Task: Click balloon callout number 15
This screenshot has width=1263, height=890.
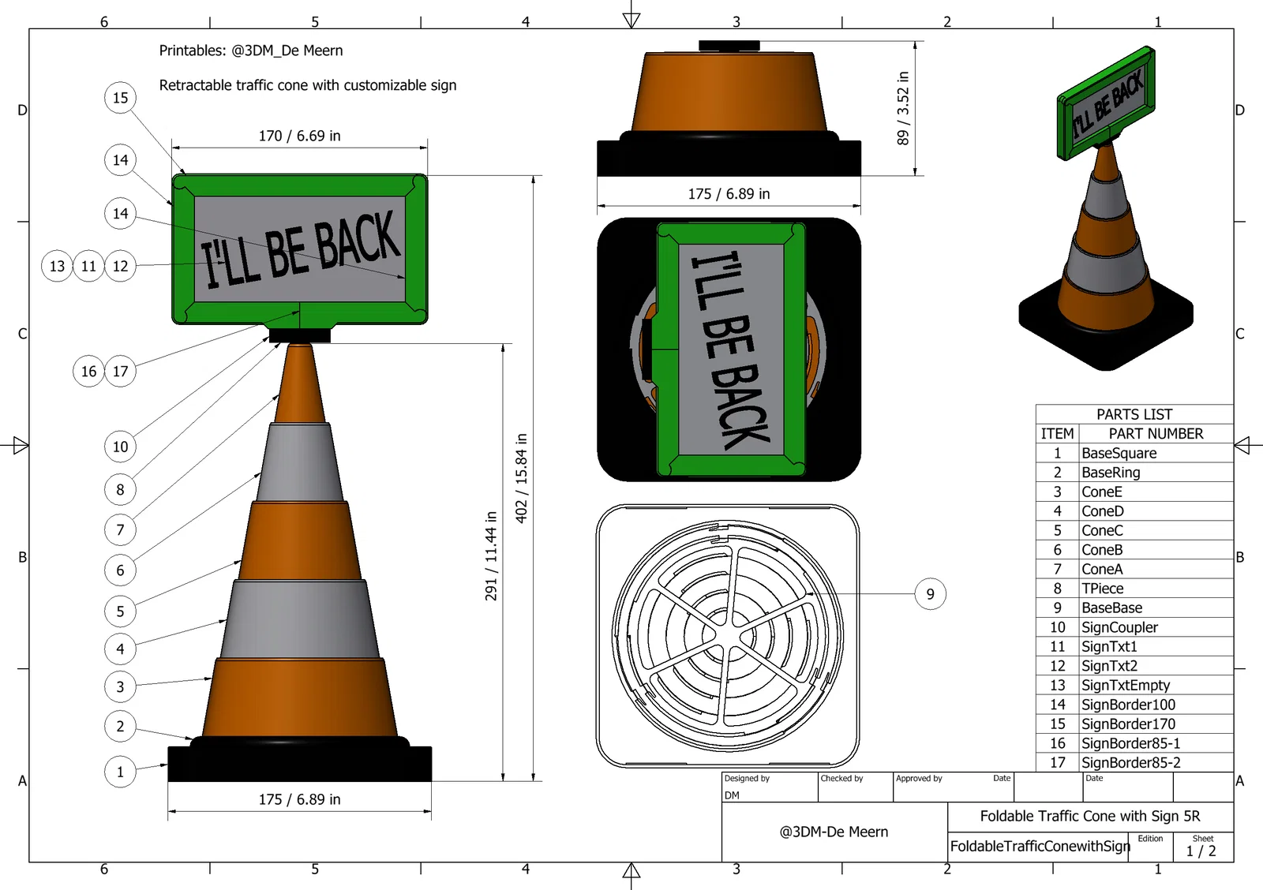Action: [120, 98]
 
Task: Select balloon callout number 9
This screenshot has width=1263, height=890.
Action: [930, 593]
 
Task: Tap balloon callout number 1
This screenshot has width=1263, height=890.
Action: [120, 772]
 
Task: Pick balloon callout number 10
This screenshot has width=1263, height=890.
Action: [120, 447]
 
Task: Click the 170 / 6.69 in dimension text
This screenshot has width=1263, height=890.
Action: [299, 136]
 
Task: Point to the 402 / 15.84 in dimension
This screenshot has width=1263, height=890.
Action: [522, 478]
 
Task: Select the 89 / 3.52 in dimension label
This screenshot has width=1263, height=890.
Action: [903, 108]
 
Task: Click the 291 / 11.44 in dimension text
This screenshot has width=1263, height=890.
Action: [491, 555]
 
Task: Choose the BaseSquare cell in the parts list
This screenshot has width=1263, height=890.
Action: [1119, 453]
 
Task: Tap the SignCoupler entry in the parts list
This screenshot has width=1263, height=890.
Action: [1119, 627]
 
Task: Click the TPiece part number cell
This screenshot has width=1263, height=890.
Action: [1102, 589]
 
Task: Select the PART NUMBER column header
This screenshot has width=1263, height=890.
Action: [1156, 433]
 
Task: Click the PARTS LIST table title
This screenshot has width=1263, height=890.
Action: [1134, 414]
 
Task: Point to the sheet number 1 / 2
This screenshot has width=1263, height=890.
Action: [1201, 851]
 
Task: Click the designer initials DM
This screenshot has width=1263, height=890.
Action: [732, 795]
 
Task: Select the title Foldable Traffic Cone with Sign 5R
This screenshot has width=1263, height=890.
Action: [1090, 816]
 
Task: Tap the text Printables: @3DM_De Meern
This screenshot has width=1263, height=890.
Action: [251, 50]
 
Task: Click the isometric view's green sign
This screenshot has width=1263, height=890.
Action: [1106, 103]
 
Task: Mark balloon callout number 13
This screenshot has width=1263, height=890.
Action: [57, 265]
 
